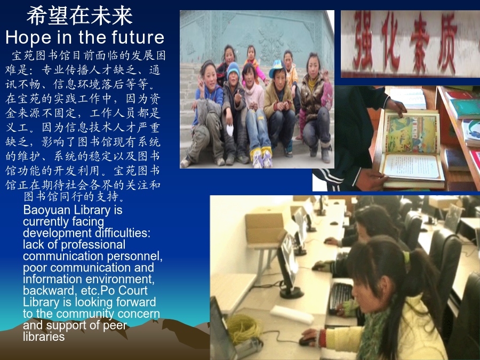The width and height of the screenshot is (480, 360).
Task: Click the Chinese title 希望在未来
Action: pyautogui.click(x=79, y=16)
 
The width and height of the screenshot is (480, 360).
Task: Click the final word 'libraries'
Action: pyautogui.click(x=44, y=337)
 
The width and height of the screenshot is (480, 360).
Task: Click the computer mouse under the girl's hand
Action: pyautogui.click(x=307, y=341)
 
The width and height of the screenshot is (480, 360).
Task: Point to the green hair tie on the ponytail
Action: pyautogui.click(x=406, y=257)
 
